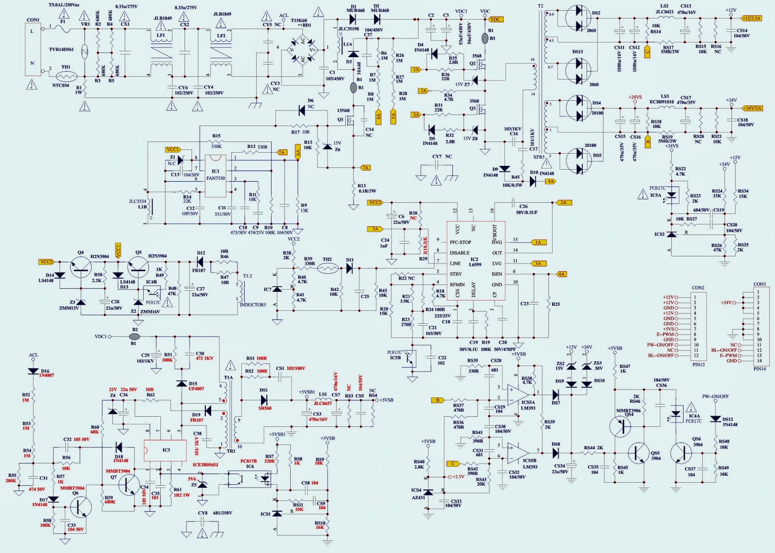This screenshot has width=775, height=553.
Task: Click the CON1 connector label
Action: tap(33, 20)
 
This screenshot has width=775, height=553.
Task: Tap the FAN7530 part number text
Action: tap(216, 178)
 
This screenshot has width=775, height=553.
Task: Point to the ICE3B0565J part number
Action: tap(205, 464)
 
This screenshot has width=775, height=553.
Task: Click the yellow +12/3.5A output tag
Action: tap(751, 18)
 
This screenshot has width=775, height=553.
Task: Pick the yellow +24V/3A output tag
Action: tap(751, 108)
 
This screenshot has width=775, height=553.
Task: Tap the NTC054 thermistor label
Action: tap(61, 85)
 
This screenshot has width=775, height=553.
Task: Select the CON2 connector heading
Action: tap(698, 288)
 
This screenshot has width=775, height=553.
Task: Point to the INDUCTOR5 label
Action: tap(253, 305)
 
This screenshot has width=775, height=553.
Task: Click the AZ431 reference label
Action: tap(418, 498)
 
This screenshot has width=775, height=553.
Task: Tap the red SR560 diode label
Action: tap(265, 408)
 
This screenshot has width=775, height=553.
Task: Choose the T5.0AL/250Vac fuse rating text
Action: tap(65, 4)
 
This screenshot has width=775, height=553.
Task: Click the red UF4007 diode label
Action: tap(196, 389)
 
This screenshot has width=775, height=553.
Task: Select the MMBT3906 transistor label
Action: tap(628, 411)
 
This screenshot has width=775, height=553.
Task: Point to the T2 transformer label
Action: tap(541, 6)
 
